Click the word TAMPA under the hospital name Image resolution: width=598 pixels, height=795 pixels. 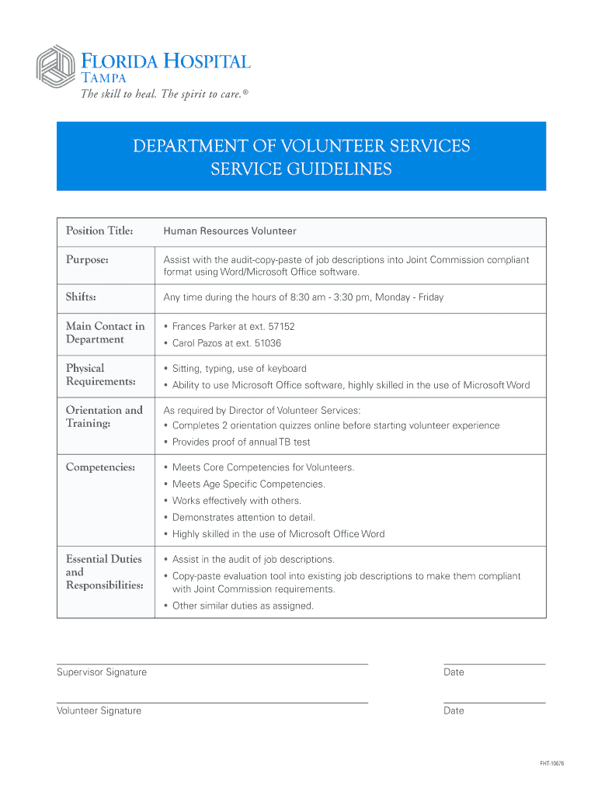pos(106,76)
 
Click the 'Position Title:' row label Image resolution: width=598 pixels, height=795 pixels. pos(99,231)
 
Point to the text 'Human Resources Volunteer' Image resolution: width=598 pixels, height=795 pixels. pos(229,231)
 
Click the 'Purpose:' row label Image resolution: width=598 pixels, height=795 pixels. pos(87,260)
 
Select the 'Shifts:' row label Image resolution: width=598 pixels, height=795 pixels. pos(81,297)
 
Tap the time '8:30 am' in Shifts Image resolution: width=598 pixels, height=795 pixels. pos(308,297)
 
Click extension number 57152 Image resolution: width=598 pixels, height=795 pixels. pos(281,327)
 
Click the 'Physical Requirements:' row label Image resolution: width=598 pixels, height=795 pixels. pos(101,374)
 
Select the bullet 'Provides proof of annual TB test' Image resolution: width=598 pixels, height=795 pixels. pos(241,442)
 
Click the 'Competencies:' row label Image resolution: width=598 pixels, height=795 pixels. pos(101,467)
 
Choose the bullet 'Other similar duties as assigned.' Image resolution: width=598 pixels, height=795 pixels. pos(243,606)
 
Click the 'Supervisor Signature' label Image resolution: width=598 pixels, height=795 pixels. pos(102,672)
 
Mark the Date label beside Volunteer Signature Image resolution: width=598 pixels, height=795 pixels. pos(454,710)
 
